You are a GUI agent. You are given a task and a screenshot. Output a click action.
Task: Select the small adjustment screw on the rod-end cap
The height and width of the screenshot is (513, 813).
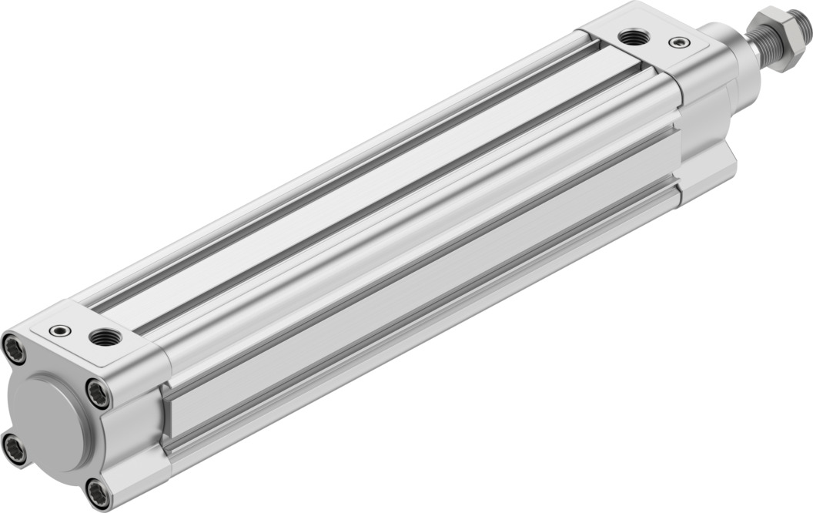(x=678, y=42)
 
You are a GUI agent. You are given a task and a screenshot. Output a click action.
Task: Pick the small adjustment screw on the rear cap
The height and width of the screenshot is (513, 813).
(x=59, y=330)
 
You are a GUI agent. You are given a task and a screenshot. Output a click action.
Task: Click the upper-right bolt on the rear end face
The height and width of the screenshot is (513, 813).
(x=98, y=394)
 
